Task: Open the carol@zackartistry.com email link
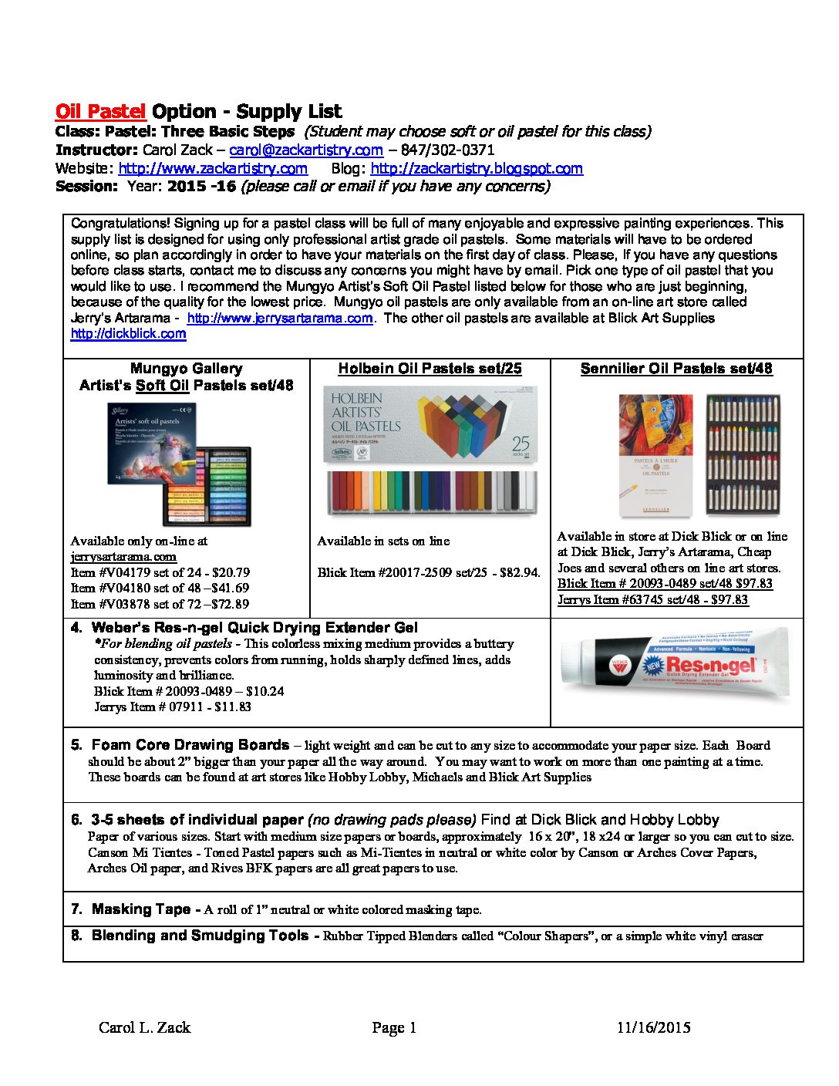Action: [x=306, y=150]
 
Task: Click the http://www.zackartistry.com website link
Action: [x=213, y=169]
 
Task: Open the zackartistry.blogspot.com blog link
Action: [x=477, y=169]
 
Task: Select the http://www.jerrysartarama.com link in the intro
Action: [x=280, y=319]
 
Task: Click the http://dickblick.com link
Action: [x=128, y=334]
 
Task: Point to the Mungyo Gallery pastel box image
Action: [x=179, y=464]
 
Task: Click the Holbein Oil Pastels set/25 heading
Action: [x=430, y=369]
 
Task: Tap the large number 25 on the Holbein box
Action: [x=521, y=445]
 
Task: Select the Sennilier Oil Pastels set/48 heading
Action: [x=676, y=369]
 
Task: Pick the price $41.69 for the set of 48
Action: [x=227, y=589]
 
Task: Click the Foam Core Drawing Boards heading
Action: [x=190, y=745]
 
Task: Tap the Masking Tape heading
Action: [x=140, y=909]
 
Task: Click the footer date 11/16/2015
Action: [x=653, y=1027]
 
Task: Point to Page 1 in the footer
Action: [x=394, y=1027]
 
